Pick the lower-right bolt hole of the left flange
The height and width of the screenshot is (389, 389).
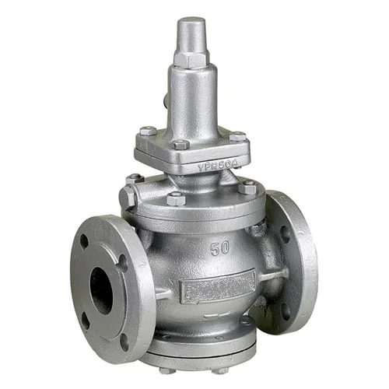coord(124,338)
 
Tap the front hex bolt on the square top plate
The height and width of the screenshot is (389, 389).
coord(180,145)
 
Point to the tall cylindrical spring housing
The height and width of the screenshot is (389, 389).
coord(189,97)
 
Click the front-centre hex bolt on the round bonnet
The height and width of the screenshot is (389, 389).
coord(176,199)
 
